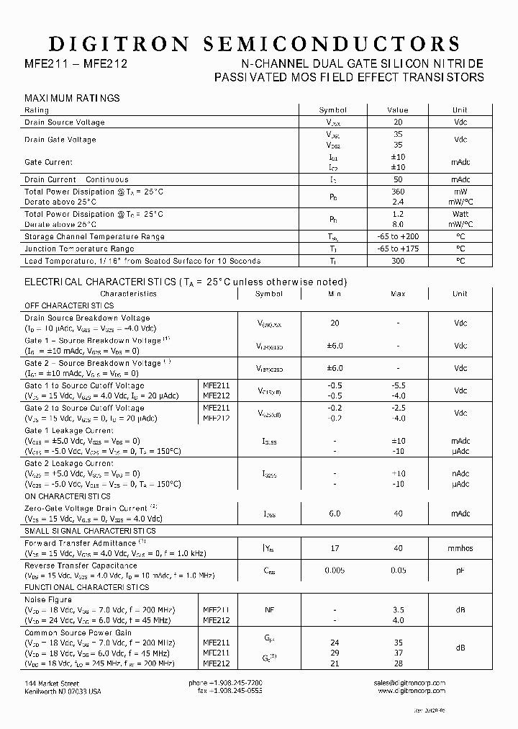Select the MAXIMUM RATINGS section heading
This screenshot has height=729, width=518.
(72, 98)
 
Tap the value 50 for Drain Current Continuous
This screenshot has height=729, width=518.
(397, 179)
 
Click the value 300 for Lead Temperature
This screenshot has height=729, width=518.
(397, 261)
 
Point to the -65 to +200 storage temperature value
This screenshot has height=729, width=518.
(397, 236)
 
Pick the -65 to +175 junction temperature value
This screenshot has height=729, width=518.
(397, 249)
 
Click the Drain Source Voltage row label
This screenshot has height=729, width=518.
(65, 122)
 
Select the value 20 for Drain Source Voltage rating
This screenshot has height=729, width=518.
(397, 122)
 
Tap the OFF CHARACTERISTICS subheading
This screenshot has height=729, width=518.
(69, 305)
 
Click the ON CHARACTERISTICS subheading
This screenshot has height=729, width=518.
(68, 496)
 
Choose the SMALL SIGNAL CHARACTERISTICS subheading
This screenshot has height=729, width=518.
(90, 531)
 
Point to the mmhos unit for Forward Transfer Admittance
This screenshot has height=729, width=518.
(460, 548)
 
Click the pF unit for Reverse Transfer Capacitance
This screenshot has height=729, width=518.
(460, 571)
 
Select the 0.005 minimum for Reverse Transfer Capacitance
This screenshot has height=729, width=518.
(335, 571)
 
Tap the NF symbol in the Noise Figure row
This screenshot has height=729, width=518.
(269, 610)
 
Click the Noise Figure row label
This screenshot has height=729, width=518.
(48, 599)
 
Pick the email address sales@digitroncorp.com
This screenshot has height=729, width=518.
(409, 683)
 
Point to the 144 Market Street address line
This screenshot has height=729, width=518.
(52, 683)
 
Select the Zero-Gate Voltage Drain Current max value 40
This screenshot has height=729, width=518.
(397, 514)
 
